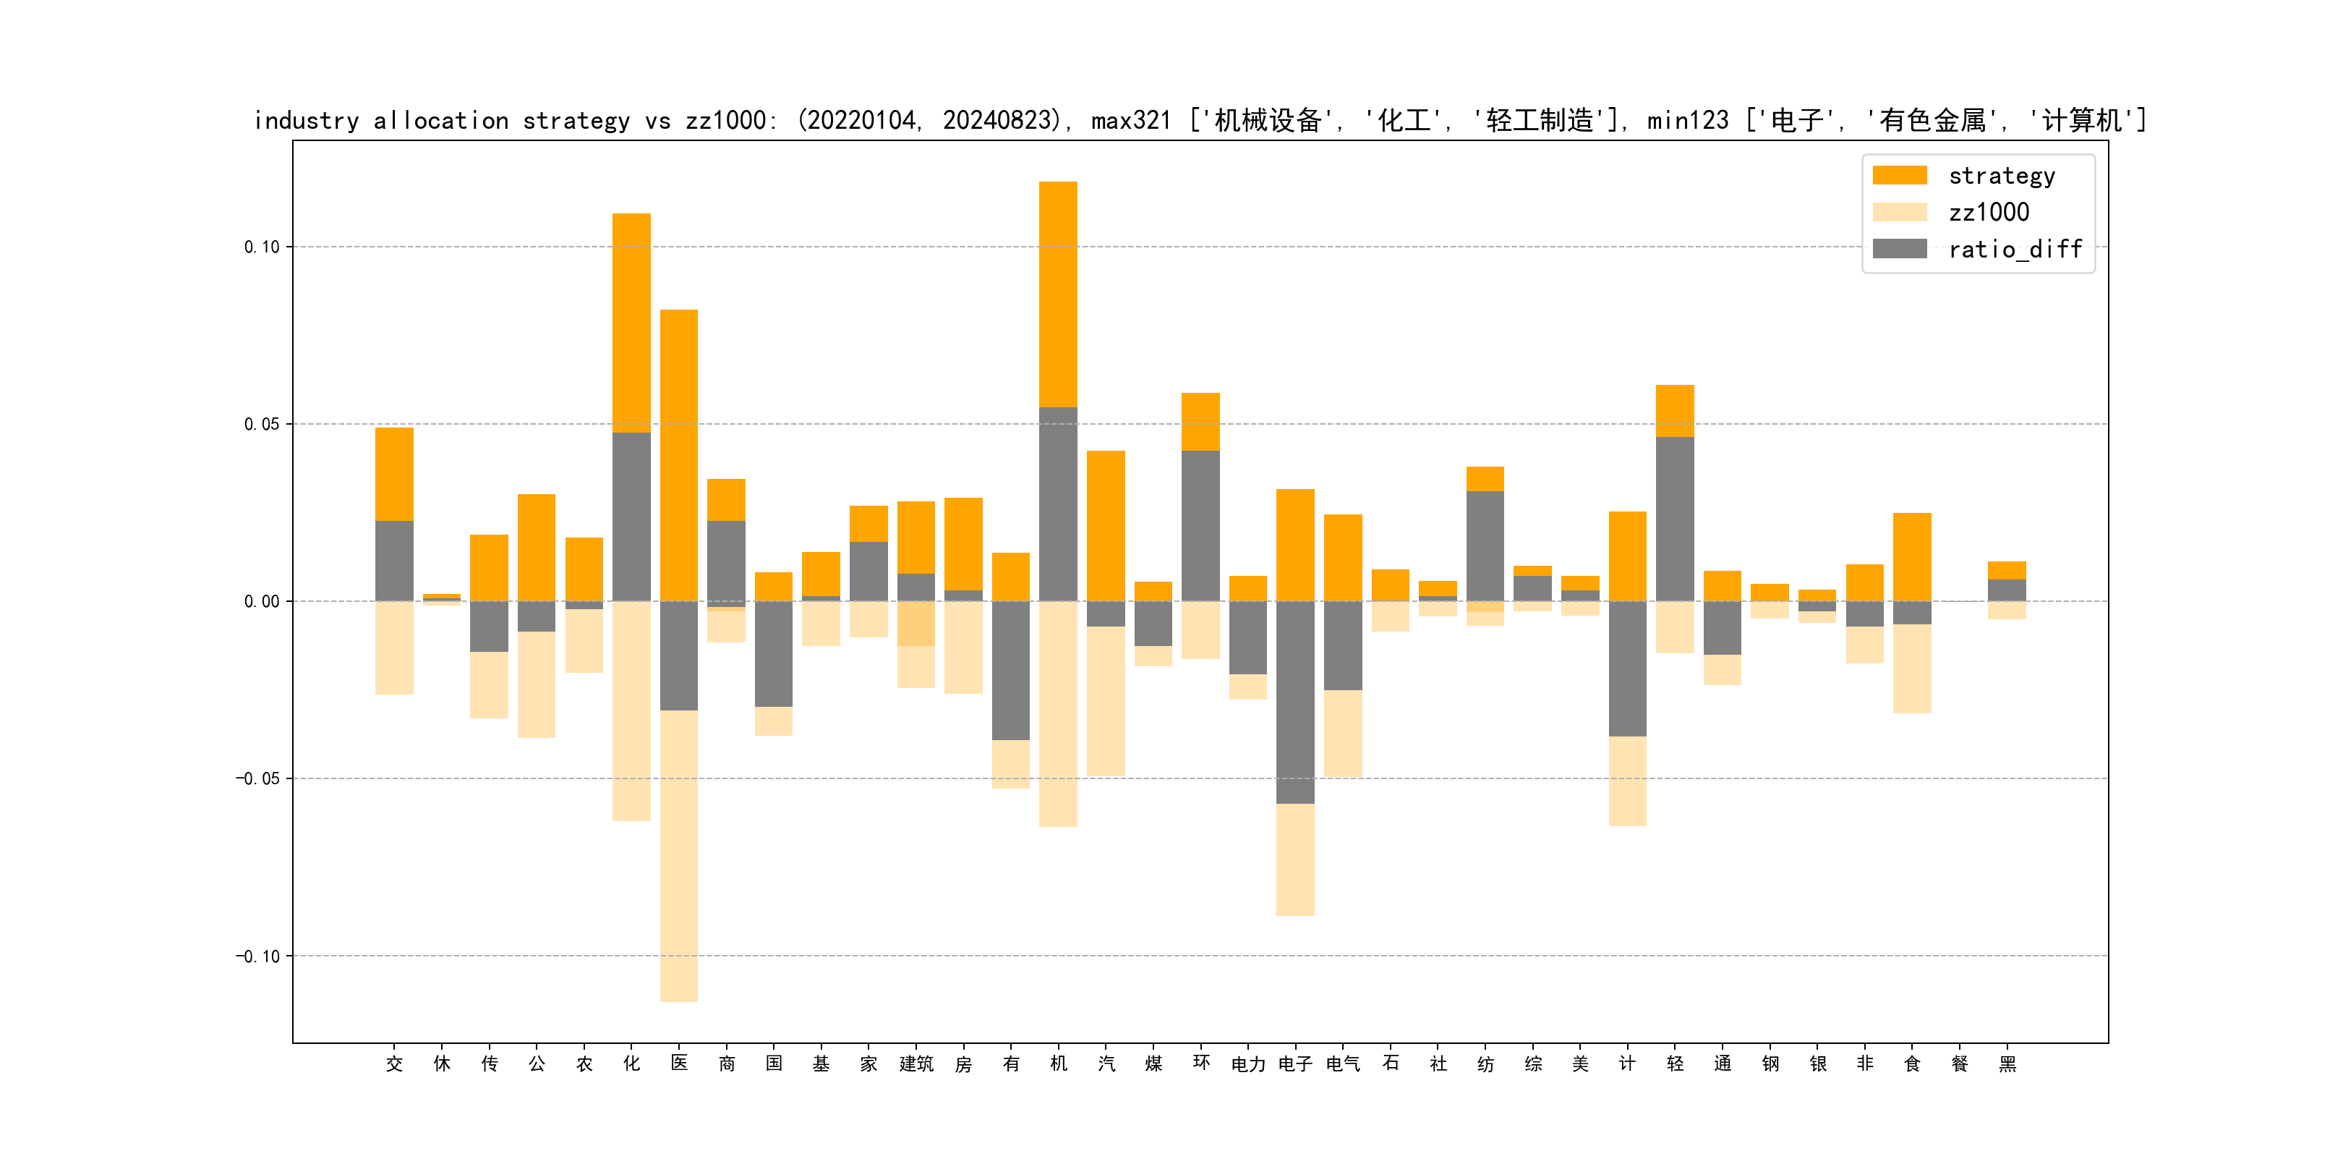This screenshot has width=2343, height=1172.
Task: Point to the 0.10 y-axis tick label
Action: coord(262,247)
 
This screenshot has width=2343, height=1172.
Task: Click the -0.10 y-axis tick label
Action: coord(258,956)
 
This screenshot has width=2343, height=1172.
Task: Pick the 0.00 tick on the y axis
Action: coord(262,601)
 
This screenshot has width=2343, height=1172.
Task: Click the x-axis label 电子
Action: coord(1295,1063)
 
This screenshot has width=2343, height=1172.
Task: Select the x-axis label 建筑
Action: coord(916,1063)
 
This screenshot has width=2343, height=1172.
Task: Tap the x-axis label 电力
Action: coord(1248,1063)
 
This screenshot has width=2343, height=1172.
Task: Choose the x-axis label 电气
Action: coord(1342,1063)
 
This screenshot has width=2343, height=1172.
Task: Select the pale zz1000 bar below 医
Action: coord(678,855)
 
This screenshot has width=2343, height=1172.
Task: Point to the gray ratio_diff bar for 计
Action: coord(1627,668)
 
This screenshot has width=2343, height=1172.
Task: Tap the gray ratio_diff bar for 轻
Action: coord(1675,519)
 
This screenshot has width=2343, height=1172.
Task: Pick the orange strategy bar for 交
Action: coord(394,473)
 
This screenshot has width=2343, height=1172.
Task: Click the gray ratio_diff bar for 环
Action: coord(1200,525)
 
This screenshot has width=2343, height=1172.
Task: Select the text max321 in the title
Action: coord(1130,121)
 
